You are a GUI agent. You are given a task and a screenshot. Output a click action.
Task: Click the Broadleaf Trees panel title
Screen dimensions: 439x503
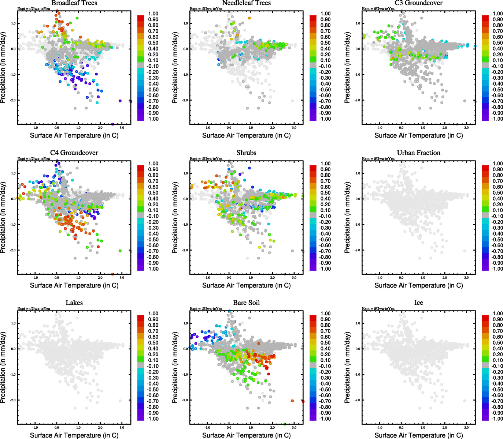click(x=74, y=3)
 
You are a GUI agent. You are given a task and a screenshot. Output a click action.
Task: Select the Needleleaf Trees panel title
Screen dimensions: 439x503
click(x=246, y=3)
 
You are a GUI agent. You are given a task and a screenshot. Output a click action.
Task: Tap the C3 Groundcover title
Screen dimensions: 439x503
click(x=418, y=3)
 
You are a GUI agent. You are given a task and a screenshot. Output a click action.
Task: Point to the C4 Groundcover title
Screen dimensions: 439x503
click(x=74, y=153)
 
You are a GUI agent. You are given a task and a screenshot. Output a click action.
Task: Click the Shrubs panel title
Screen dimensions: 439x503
click(x=246, y=153)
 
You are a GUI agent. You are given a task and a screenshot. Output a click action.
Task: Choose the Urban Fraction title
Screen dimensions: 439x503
click(x=418, y=153)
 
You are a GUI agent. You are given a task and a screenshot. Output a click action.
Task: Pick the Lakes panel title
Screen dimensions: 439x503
click(x=74, y=303)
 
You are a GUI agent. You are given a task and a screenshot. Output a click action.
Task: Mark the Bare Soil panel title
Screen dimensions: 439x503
click(x=246, y=303)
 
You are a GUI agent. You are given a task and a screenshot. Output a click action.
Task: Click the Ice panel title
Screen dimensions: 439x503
click(x=418, y=303)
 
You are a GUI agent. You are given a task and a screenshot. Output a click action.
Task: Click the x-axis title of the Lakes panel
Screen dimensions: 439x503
click(x=74, y=435)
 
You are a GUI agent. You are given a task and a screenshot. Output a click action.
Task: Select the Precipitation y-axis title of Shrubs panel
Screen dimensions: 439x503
click(x=175, y=218)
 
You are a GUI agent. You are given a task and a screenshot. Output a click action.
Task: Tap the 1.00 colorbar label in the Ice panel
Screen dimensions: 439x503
click(x=498, y=314)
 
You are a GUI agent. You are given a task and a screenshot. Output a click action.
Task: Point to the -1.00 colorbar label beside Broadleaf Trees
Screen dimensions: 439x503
click(x=153, y=119)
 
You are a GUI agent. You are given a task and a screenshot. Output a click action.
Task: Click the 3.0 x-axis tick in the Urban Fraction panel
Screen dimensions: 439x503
click(x=466, y=278)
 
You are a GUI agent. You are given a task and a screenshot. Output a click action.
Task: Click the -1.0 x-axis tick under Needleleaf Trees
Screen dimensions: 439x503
click(x=207, y=128)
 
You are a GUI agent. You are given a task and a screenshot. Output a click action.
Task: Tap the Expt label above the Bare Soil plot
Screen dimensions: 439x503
click(x=206, y=309)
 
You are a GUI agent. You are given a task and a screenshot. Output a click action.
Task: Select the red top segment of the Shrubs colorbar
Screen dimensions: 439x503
click(x=313, y=168)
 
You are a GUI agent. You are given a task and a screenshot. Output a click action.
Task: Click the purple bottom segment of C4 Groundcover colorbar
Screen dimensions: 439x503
click(x=141, y=268)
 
